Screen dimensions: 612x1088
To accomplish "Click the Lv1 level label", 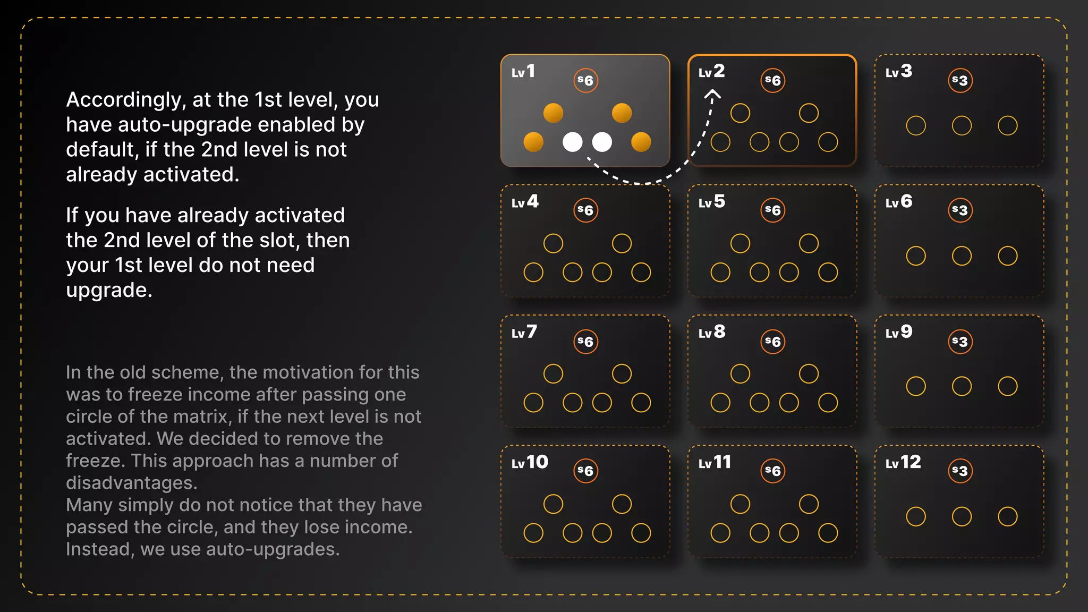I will (x=523, y=71).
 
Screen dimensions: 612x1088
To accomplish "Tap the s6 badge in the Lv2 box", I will (x=772, y=80).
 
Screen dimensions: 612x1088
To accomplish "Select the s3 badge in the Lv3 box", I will (x=960, y=80).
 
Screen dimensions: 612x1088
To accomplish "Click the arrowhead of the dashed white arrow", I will (x=712, y=94).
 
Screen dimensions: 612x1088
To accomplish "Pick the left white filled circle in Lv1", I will (x=572, y=142).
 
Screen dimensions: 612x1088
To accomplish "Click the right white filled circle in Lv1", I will (x=602, y=142).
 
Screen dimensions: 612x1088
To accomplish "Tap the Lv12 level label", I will (x=903, y=462).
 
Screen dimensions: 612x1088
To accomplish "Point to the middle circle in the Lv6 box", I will (x=962, y=256).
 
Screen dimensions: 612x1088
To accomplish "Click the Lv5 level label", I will (x=711, y=202).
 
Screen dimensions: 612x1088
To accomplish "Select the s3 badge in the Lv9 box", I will (x=960, y=341).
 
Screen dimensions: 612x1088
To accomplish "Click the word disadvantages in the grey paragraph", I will (x=131, y=483).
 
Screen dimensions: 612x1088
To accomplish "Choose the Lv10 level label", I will (x=530, y=462).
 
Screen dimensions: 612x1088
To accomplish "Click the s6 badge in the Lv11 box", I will (x=772, y=471).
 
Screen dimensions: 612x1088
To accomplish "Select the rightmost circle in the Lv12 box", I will (x=1007, y=516).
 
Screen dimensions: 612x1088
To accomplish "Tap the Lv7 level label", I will (x=524, y=332).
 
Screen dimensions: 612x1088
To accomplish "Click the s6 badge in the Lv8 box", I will (x=772, y=341).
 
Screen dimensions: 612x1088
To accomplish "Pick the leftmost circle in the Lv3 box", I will (x=916, y=125).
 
